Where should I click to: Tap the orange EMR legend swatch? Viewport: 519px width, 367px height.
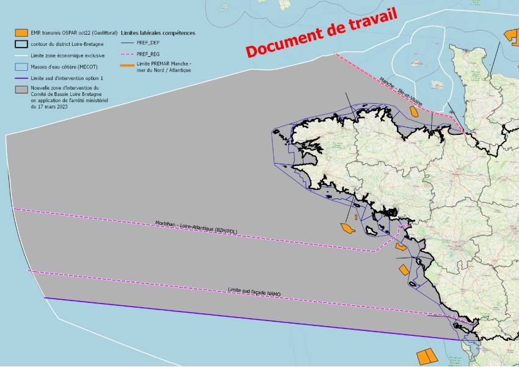click(x=21, y=32)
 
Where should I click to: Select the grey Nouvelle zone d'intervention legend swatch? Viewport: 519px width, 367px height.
click(x=21, y=89)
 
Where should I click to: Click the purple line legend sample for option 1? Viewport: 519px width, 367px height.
click(x=21, y=78)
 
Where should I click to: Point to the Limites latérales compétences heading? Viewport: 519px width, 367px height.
click(x=158, y=32)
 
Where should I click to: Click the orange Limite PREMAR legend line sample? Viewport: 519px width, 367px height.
click(x=128, y=65)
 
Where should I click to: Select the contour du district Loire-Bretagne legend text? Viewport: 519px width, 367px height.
click(x=67, y=44)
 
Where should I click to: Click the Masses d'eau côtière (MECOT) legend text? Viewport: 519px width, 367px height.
click(x=63, y=67)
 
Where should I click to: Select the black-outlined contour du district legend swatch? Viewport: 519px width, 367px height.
click(x=21, y=44)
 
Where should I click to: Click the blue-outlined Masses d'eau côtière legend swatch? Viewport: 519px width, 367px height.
click(x=21, y=67)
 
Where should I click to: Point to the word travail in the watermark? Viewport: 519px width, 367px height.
click(x=365, y=23)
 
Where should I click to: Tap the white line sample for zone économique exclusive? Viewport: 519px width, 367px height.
click(x=21, y=55)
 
